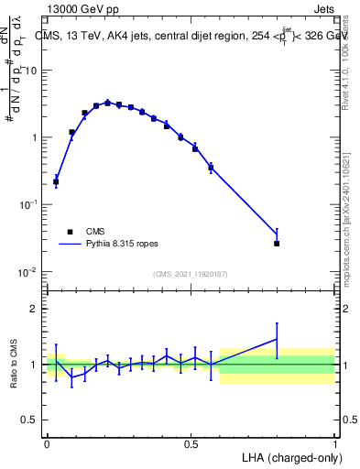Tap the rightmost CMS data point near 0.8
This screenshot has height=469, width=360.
(277, 243)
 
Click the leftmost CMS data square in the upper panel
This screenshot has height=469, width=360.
(56, 181)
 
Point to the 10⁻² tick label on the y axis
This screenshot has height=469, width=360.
(29, 272)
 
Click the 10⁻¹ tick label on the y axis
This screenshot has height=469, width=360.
(29, 205)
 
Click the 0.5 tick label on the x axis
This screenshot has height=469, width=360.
(191, 444)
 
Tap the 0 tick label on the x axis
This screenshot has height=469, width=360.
(47, 444)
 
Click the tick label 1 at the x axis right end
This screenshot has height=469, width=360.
(334, 444)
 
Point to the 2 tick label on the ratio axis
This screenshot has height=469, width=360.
(36, 309)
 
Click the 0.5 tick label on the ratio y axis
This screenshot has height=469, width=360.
(30, 420)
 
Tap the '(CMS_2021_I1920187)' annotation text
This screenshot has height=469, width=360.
(191, 274)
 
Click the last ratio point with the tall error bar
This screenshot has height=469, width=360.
(277, 339)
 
